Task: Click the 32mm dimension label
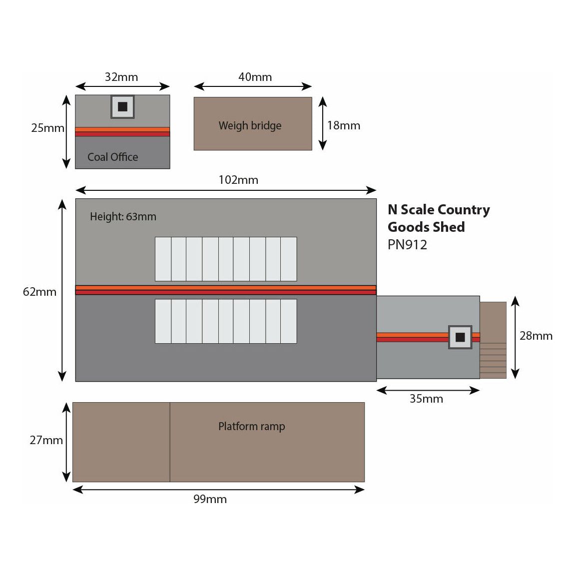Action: (x=121, y=77)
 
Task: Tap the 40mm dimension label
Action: (x=255, y=77)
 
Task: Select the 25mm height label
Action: (x=47, y=128)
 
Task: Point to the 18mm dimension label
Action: (x=344, y=125)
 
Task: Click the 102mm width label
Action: (x=238, y=180)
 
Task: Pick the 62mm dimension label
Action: (x=39, y=292)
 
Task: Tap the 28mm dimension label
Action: (x=536, y=336)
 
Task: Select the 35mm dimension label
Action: (x=426, y=399)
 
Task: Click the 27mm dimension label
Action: (x=46, y=440)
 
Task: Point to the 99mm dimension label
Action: (x=210, y=499)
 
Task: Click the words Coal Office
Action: (x=113, y=157)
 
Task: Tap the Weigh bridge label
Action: (x=250, y=125)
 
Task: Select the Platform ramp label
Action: (x=251, y=426)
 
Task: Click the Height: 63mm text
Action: (x=123, y=217)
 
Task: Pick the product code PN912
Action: (x=407, y=245)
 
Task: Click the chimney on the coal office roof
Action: (x=122, y=106)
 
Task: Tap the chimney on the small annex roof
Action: (x=460, y=337)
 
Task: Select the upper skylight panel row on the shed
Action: (x=226, y=259)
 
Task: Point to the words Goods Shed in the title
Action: (x=426, y=227)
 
